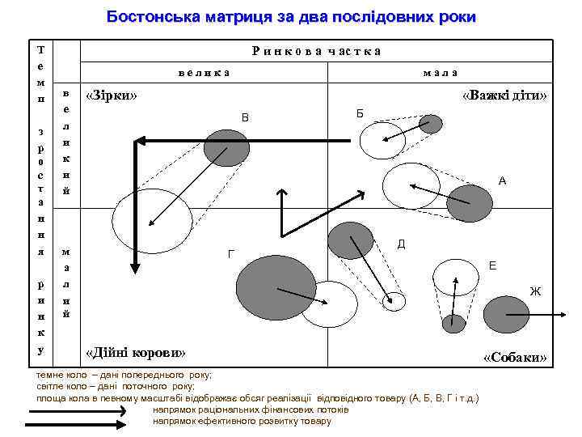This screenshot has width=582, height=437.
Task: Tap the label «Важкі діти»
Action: [x=504, y=95]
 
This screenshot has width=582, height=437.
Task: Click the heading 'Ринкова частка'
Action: [x=316, y=51]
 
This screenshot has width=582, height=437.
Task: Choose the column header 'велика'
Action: [x=204, y=72]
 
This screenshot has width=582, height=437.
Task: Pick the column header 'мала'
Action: [x=441, y=72]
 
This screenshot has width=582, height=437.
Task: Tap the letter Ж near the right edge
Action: [x=534, y=291]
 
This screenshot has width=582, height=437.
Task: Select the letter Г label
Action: [x=231, y=255]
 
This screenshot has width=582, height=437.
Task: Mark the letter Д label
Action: [x=401, y=244]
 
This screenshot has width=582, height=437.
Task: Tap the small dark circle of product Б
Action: [x=431, y=124]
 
